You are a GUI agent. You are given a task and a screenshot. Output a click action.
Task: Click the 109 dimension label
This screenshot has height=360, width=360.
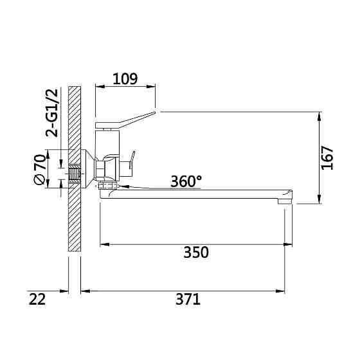pyautogui.click(x=125, y=79)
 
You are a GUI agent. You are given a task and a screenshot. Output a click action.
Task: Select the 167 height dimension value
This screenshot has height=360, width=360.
pyautogui.click(x=327, y=157)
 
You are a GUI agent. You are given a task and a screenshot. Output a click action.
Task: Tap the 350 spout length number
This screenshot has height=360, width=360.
pyautogui.click(x=196, y=252)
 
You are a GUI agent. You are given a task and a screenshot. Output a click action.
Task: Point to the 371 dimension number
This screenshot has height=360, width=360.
pyautogui.click(x=188, y=300)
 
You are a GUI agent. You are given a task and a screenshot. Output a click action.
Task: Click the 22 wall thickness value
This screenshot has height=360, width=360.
pyautogui.click(x=37, y=300)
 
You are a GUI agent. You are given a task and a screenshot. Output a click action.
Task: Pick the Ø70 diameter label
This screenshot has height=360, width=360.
pyautogui.click(x=39, y=170)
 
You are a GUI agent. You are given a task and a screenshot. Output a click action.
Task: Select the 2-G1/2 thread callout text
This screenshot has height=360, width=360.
pyautogui.click(x=52, y=113)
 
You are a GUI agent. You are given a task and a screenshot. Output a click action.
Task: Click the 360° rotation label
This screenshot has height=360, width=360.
pyautogui.click(x=186, y=181)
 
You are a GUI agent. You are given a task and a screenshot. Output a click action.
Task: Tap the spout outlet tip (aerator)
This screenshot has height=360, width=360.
pyautogui.click(x=285, y=201)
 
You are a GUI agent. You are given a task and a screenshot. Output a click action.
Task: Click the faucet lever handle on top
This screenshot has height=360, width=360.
pyautogui.click(x=125, y=120)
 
